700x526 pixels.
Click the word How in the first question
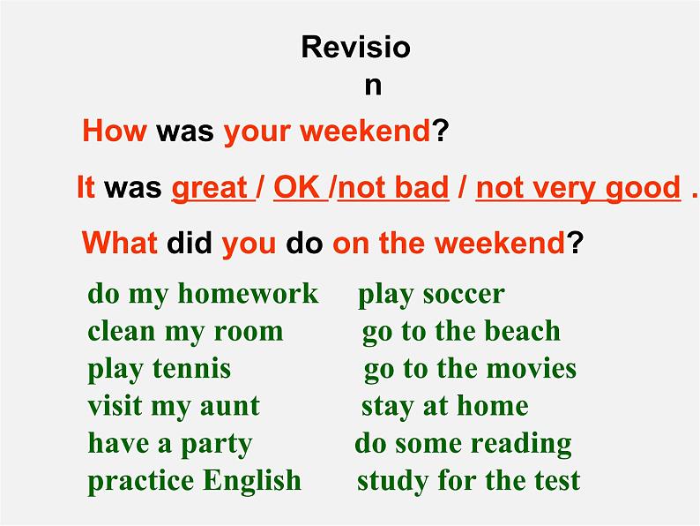[x=115, y=131]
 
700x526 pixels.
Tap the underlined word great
[x=209, y=187]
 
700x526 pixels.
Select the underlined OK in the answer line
[x=296, y=187]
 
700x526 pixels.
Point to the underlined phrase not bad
[x=393, y=187]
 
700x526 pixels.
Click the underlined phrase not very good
[x=578, y=187]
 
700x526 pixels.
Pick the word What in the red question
[x=120, y=243]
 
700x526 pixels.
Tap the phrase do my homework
[x=203, y=294]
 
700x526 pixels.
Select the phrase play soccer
[x=431, y=294]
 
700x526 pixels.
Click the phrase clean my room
[x=185, y=331]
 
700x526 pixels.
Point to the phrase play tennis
[x=159, y=368]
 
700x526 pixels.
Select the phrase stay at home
[x=444, y=406]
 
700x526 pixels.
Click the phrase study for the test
[x=468, y=481]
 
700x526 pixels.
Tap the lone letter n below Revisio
[x=373, y=86]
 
